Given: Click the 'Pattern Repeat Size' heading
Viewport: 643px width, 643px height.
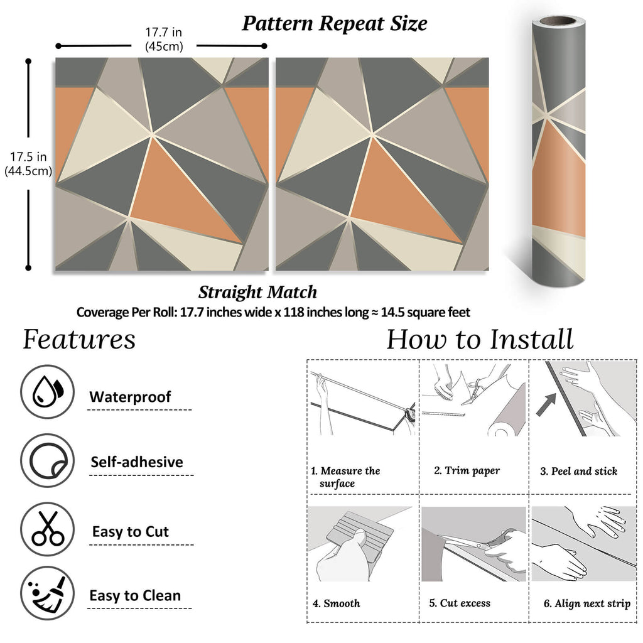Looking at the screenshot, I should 335,23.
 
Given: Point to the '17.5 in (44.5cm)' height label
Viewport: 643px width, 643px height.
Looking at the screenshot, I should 28,163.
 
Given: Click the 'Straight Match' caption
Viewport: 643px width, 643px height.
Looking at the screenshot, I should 257,292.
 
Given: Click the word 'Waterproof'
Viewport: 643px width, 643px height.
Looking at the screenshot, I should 130,397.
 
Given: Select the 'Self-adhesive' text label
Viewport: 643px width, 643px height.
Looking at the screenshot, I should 137,462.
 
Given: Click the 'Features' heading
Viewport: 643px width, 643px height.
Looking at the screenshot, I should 79,339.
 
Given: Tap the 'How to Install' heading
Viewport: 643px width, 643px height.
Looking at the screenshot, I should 480,339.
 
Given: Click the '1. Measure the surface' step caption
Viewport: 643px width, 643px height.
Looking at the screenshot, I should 346,477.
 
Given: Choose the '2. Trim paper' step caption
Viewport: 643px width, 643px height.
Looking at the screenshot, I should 467,471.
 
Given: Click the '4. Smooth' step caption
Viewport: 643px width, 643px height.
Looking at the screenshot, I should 337,603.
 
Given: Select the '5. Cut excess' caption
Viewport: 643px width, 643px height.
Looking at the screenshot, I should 460,603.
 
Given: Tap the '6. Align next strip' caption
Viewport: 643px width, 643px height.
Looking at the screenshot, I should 586,603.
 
